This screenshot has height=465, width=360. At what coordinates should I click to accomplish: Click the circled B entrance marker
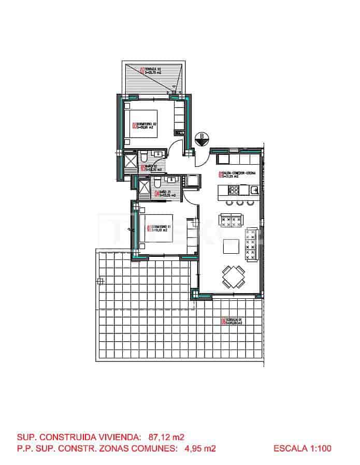pyautogui.click(x=201, y=138)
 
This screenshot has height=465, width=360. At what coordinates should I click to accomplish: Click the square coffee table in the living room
pyautogui.click(x=231, y=247)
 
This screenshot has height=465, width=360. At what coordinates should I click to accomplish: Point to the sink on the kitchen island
pyautogui.click(x=254, y=191)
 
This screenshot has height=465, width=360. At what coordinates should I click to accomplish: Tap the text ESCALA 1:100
pyautogui.click(x=302, y=448)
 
